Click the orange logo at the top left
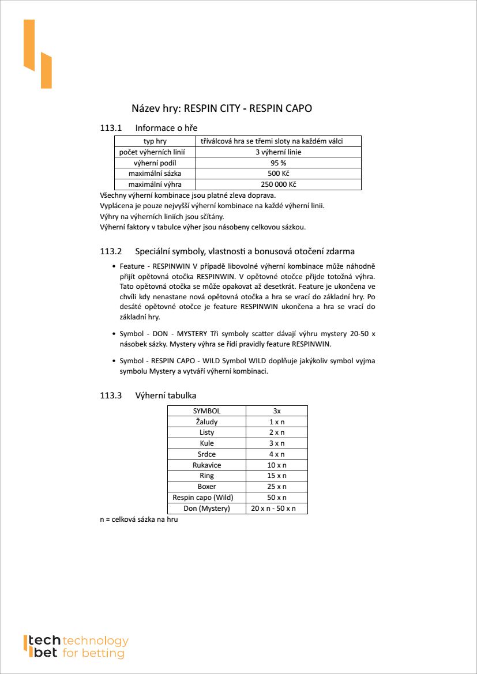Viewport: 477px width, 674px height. pyautogui.click(x=37, y=54)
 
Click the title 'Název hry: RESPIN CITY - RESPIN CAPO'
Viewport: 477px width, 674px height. pyautogui.click(x=222, y=108)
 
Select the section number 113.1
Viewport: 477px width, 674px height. pyautogui.click(x=111, y=127)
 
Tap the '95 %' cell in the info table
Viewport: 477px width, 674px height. pyautogui.click(x=279, y=163)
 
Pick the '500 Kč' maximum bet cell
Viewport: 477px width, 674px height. pyautogui.click(x=279, y=174)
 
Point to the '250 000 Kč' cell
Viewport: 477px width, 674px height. pyautogui.click(x=279, y=184)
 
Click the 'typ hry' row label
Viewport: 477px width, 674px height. pyautogui.click(x=155, y=141)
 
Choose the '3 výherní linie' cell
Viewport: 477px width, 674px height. pyautogui.click(x=279, y=152)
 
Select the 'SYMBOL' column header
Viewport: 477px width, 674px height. pyautogui.click(x=206, y=411)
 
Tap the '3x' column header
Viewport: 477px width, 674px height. pyautogui.click(x=277, y=411)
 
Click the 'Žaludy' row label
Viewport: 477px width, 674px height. pyautogui.click(x=206, y=422)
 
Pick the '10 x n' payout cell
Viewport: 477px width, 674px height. pyautogui.click(x=277, y=465)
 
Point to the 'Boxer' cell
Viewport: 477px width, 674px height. pyautogui.click(x=206, y=487)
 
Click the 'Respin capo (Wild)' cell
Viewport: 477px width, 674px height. pyautogui.click(x=206, y=498)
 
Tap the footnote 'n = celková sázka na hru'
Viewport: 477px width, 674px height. pyautogui.click(x=139, y=520)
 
